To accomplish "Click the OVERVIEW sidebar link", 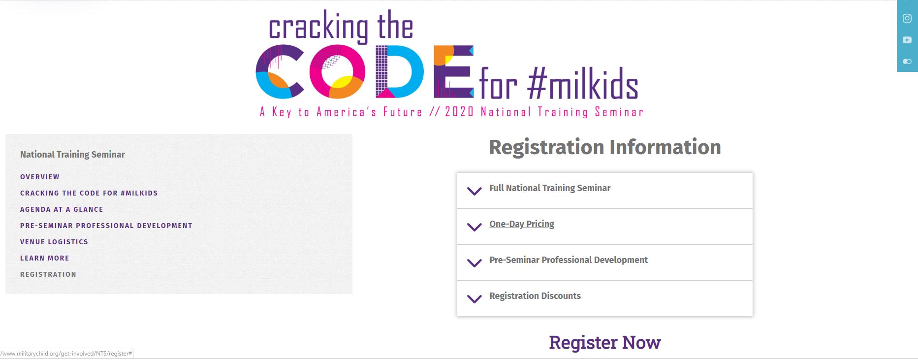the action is [x=40, y=177].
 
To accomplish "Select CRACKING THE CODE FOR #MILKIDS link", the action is [x=89, y=193].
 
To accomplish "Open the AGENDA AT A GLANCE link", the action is [x=62, y=209].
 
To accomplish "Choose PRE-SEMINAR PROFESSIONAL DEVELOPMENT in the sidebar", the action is [x=106, y=226].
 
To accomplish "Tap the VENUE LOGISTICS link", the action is [x=54, y=242].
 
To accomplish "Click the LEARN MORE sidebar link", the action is [x=45, y=258].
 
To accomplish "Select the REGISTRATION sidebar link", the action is [x=48, y=274].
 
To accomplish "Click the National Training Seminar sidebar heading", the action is [x=72, y=155].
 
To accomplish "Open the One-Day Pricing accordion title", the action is [x=522, y=224].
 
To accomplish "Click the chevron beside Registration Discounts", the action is [x=475, y=298].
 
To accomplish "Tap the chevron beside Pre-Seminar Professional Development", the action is [x=475, y=262].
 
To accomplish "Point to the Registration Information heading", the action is [x=605, y=147].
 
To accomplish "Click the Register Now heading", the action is [x=605, y=342].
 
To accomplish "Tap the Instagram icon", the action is [x=907, y=18].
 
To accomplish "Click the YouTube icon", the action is [x=907, y=40].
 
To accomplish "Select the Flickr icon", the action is [x=907, y=62].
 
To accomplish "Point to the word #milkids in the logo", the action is [x=583, y=84].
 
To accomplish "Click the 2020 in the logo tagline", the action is [x=459, y=112].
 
